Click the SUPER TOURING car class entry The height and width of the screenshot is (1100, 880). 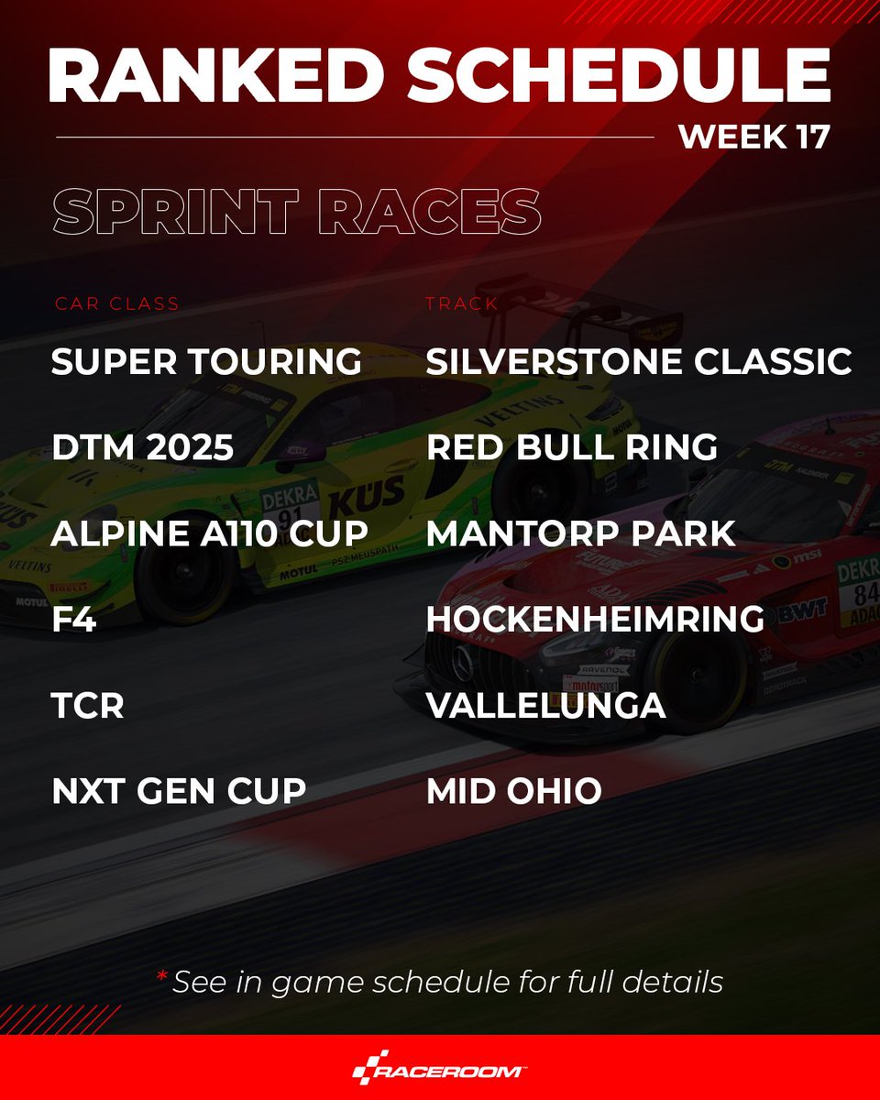(x=206, y=361)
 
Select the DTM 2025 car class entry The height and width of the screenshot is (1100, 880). (x=143, y=447)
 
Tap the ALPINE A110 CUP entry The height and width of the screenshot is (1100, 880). (x=210, y=533)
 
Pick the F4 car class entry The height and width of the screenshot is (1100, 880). (x=72, y=620)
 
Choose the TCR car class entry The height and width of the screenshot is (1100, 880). (x=88, y=706)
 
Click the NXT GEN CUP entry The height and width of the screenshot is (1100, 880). (x=179, y=791)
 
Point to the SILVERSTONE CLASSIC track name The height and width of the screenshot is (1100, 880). (x=639, y=361)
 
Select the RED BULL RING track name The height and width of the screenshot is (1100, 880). (x=572, y=447)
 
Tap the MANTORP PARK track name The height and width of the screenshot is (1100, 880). (x=581, y=533)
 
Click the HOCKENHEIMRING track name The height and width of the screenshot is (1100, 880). (x=595, y=620)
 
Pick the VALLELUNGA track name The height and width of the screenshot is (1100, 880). (x=545, y=706)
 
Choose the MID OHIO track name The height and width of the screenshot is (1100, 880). (x=513, y=791)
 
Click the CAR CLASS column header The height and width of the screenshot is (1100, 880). (x=116, y=303)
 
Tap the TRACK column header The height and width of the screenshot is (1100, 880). (x=462, y=303)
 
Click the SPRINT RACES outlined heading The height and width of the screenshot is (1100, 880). (x=296, y=212)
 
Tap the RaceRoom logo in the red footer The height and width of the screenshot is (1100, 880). (x=440, y=1069)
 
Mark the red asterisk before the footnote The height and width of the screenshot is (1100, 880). (x=161, y=977)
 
